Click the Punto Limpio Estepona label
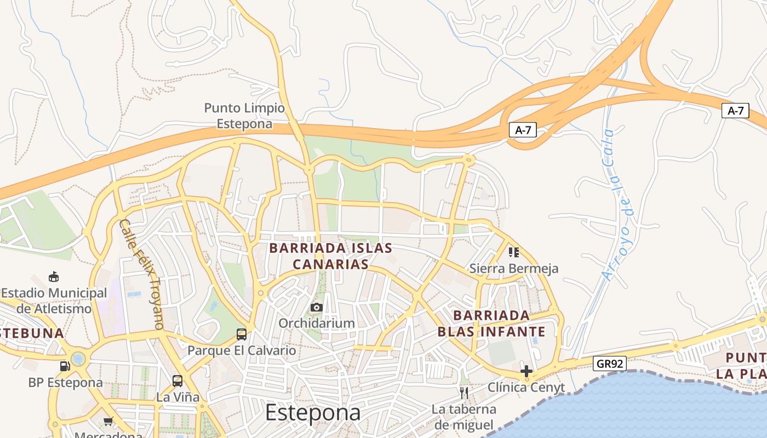244,116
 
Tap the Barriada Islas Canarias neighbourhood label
330,256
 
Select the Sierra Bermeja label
514,268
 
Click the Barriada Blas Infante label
491,324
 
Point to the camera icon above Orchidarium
317,308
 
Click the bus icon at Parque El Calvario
241,334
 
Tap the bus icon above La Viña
178,381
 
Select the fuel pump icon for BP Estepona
65,366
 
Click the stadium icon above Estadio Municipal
54,276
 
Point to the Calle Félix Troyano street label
141,274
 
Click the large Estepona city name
313,413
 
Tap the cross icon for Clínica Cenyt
526,371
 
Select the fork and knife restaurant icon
464,393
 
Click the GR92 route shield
609,363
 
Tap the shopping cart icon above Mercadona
108,421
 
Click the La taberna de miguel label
463,417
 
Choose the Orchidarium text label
317,323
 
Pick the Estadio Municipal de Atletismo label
54,301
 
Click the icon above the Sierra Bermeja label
513,252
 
